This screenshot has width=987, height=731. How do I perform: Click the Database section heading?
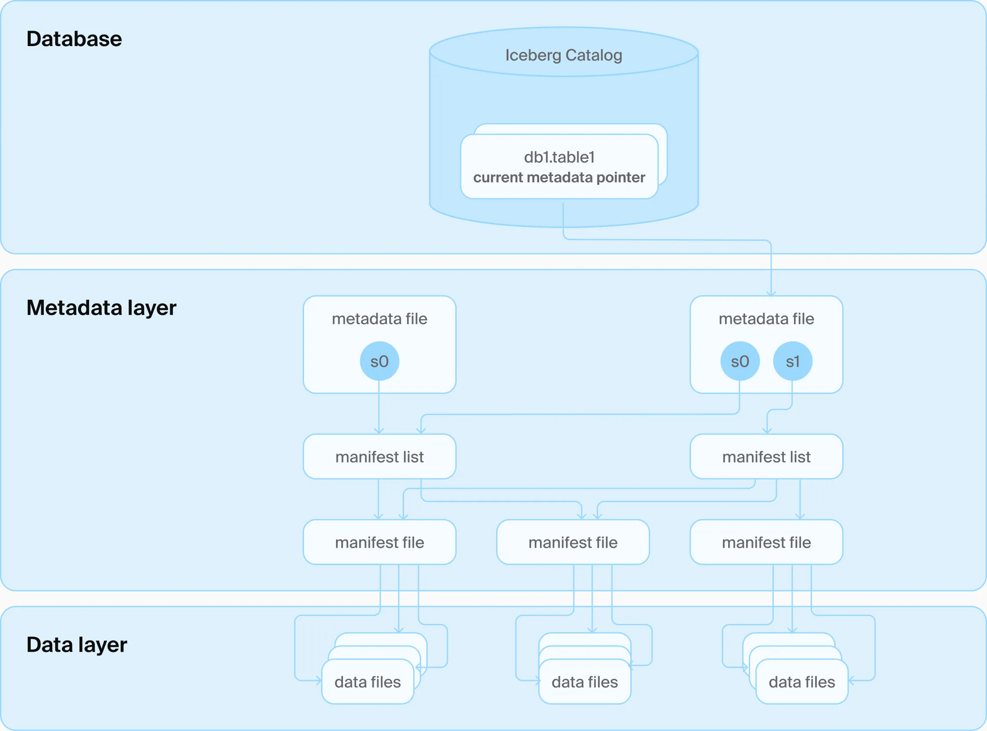(74, 39)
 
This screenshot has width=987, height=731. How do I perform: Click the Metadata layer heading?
(101, 308)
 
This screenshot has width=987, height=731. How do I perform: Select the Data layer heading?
(76, 645)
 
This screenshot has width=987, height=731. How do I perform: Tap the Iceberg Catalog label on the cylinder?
(564, 55)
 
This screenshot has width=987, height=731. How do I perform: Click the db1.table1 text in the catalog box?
(559, 157)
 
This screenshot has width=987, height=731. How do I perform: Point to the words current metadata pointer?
(559, 177)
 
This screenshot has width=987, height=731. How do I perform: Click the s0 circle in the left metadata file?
(379, 361)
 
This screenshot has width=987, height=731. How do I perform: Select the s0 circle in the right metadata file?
(740, 361)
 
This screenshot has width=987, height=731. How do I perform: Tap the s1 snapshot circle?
(792, 361)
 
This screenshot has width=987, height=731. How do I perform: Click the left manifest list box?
(379, 457)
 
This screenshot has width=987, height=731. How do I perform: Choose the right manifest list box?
(766, 457)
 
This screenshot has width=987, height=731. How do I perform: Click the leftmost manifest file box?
(379, 542)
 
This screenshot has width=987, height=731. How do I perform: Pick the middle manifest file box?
(573, 542)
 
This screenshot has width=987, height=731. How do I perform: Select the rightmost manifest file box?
(766, 542)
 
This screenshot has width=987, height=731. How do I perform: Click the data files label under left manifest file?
(368, 682)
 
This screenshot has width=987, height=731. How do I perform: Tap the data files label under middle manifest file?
(585, 682)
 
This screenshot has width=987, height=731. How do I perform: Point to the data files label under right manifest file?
(801, 682)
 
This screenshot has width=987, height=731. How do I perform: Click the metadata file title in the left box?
(379, 319)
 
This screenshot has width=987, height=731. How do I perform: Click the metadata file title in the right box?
(766, 319)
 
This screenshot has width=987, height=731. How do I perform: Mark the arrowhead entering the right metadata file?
(771, 294)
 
